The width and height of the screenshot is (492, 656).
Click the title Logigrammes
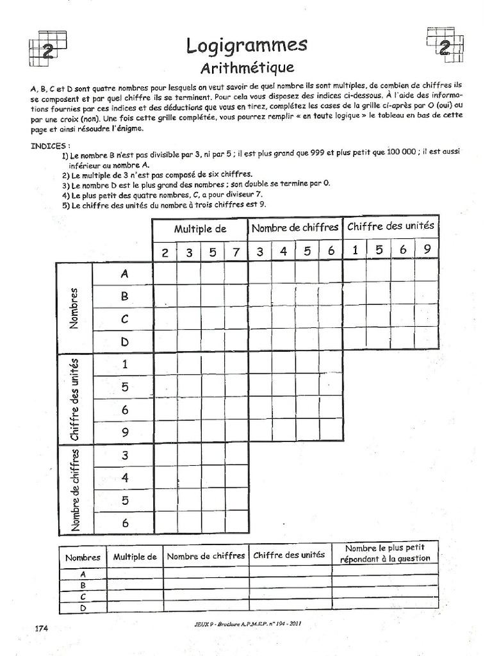(x=247, y=45)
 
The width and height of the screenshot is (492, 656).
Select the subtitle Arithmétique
(x=247, y=67)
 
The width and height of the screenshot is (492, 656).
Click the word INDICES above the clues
(x=51, y=146)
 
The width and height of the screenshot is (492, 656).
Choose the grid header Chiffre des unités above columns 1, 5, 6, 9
(x=391, y=225)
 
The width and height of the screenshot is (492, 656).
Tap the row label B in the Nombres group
(x=124, y=297)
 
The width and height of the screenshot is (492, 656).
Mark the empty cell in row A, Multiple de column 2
(x=165, y=274)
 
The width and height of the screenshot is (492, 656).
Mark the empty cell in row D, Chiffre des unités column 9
(x=427, y=341)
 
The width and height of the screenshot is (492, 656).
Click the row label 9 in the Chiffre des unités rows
(x=124, y=432)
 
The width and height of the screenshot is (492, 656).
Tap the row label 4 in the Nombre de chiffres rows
(x=124, y=477)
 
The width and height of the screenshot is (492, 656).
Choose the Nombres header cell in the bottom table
(x=83, y=557)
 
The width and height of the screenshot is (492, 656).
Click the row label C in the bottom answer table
(x=83, y=596)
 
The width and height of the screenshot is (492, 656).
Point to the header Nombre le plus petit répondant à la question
(x=386, y=553)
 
